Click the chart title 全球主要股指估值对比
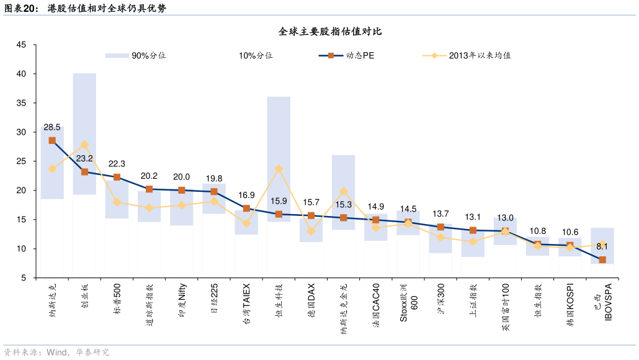coord(320,32)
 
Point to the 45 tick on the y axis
coord(21,45)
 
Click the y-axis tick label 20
coord(21,191)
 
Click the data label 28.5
coord(52,127)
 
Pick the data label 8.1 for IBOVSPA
coord(602,246)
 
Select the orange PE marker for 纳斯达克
coord(52,141)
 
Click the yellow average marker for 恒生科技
coord(279,169)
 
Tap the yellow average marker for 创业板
coord(84,145)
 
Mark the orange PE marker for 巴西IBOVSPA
coord(602,259)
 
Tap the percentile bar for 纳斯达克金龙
coord(343,192)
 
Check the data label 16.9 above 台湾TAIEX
coord(246,195)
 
